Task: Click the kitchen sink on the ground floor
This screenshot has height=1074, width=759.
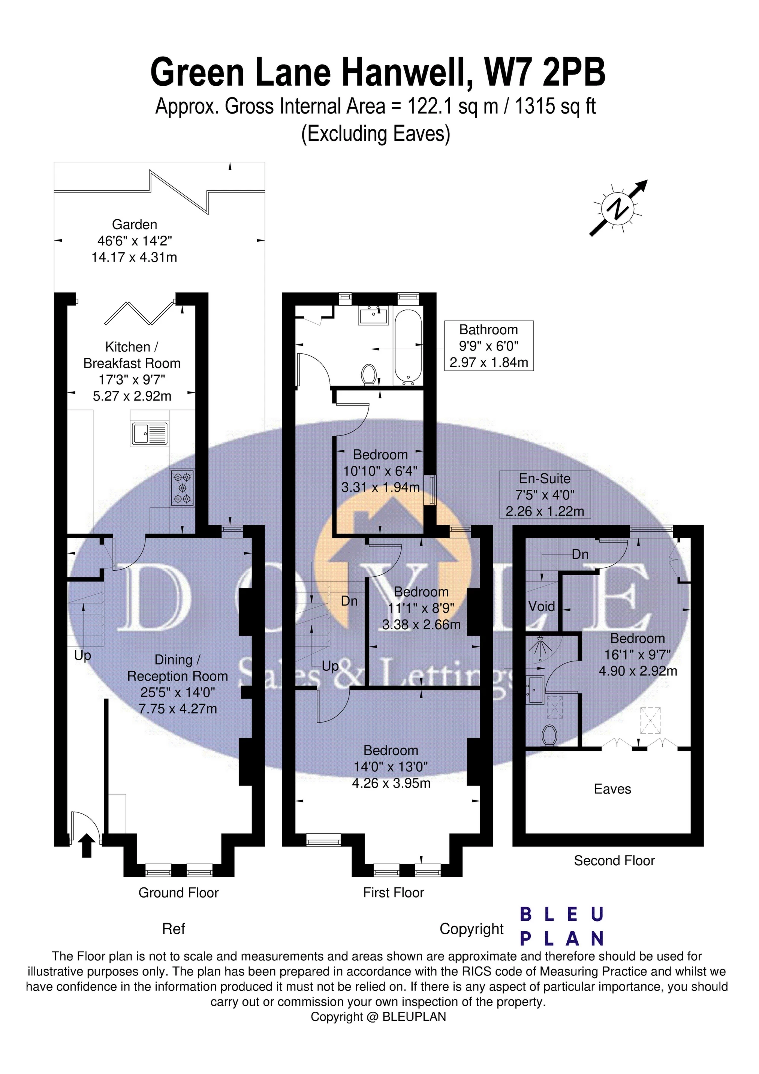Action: (149, 433)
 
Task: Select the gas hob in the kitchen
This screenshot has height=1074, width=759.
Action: (183, 488)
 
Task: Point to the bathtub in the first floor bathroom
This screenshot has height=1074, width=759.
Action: (408, 346)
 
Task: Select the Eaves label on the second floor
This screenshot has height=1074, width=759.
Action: (612, 789)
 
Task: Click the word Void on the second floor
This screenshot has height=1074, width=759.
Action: (541, 606)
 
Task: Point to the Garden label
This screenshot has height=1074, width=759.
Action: (134, 224)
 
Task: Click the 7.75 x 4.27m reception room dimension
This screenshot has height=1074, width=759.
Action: (178, 709)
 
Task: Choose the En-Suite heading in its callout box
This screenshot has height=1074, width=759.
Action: (545, 479)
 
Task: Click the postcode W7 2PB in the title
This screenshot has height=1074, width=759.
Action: (544, 72)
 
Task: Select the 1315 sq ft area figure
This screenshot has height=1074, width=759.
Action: (555, 107)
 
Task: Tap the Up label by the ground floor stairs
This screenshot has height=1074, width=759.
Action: (82, 655)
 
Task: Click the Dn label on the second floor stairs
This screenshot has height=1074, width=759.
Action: (580, 554)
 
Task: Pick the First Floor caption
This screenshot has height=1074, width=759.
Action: (393, 893)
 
